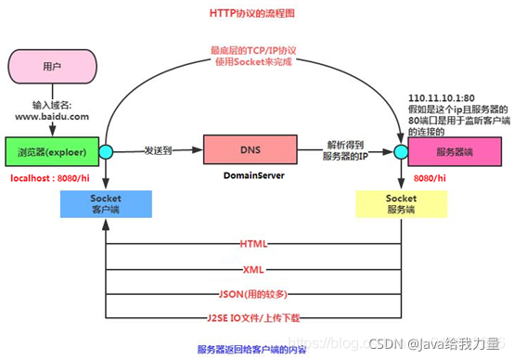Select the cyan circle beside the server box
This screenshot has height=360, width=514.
click(x=401, y=151)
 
